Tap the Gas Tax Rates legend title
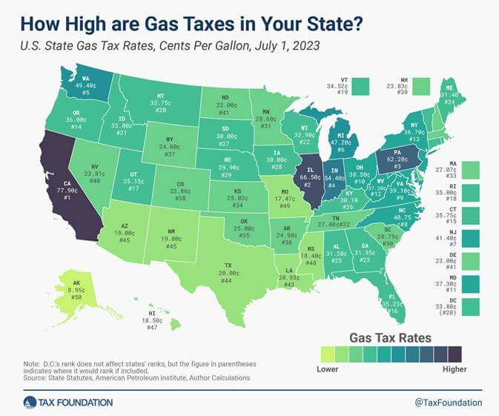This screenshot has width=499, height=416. point(390,337)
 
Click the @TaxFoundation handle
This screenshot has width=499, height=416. point(447,402)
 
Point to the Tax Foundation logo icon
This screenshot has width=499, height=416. point(30,402)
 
